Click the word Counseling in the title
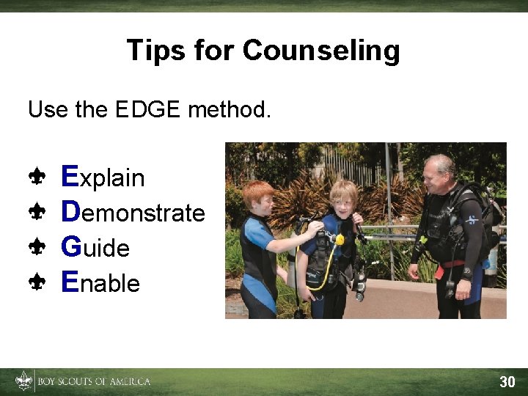tap(321, 51)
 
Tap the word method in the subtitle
tap(230, 110)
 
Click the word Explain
tap(103, 177)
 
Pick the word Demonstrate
tap(133, 213)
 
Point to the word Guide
tap(95, 248)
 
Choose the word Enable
tap(100, 282)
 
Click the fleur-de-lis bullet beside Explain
tap(37, 177)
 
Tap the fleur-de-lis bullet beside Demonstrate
tap(37, 212)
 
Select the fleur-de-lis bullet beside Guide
tap(37, 247)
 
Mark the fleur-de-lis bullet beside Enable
tap(37, 282)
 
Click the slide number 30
tap(507, 382)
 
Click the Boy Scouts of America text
tap(94, 382)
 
